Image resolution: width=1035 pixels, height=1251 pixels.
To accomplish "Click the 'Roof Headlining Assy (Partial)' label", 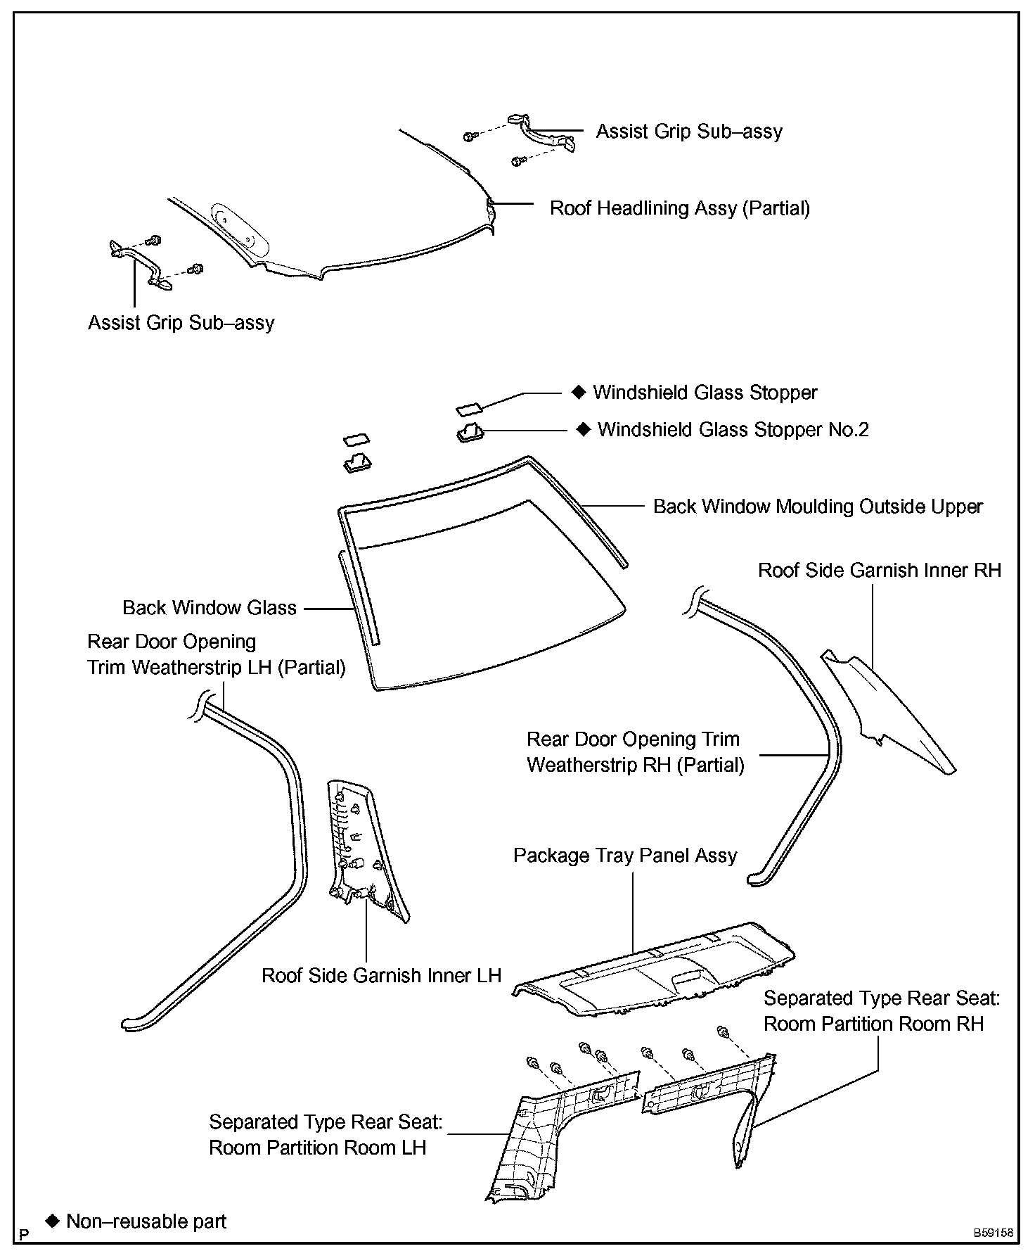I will (x=679, y=208).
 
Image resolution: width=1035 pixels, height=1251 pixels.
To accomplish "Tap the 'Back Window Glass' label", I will (x=209, y=608).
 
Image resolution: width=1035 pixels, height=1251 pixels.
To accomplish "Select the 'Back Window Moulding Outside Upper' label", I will (x=818, y=507).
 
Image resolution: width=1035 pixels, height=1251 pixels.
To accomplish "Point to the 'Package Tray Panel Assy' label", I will (x=625, y=856).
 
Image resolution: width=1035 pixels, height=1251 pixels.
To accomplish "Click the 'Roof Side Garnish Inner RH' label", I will (x=879, y=570).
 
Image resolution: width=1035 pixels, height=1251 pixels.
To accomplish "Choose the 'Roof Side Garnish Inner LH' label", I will (x=381, y=976).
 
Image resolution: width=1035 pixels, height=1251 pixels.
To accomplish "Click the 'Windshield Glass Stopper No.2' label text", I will (x=733, y=430).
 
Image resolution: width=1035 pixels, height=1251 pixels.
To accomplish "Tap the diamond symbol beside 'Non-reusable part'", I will (x=51, y=1219).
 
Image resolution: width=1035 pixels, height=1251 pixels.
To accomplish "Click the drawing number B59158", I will (x=993, y=1233).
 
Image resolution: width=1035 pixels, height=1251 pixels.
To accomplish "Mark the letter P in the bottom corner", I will (x=25, y=1233).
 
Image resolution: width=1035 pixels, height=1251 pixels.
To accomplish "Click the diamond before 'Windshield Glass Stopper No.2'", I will (x=583, y=429).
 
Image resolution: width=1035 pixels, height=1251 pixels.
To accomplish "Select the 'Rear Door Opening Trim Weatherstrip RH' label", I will (x=635, y=752).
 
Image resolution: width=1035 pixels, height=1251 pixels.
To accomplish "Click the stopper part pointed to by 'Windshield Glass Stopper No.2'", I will (x=469, y=431).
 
